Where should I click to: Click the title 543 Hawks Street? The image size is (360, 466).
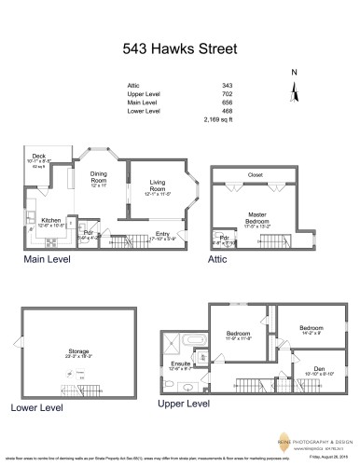pos(180,47)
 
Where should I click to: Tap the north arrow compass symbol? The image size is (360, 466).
pos(295,89)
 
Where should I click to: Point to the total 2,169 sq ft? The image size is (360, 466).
pos(218,120)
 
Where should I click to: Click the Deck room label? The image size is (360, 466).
pos(39,157)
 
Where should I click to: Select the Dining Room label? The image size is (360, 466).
pos(99,175)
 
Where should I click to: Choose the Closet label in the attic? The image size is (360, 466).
pos(255,173)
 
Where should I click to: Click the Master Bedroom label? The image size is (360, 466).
pos(257,216)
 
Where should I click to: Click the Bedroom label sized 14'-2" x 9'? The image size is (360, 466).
pos(311,329)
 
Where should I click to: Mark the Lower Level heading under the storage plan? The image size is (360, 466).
pos(37,407)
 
